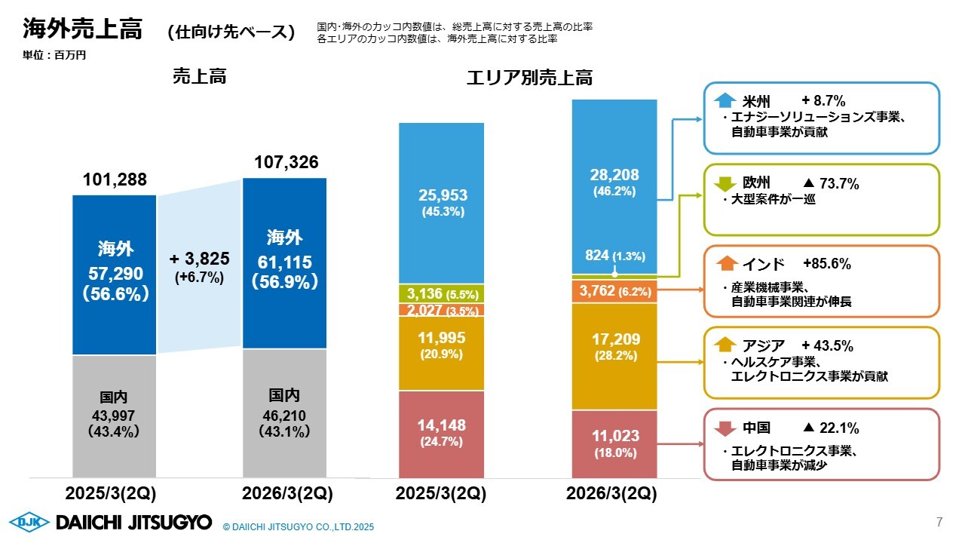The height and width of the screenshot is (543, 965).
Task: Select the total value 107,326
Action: [x=286, y=162]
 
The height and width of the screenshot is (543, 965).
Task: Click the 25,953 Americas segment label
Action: [x=443, y=195]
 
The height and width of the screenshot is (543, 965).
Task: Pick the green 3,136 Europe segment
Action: [x=442, y=293]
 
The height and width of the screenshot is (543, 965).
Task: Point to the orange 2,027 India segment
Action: [x=442, y=310]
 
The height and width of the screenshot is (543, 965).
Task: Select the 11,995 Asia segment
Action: [x=443, y=339]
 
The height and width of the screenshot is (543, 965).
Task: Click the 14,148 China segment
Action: [x=443, y=425]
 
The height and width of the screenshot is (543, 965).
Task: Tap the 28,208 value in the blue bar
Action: [x=614, y=175]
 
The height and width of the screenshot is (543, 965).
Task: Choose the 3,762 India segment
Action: [x=614, y=290]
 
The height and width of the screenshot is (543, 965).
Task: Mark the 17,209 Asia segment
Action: [x=614, y=340]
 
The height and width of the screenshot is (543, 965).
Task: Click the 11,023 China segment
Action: [x=614, y=436]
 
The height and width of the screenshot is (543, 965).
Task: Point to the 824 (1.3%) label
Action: [x=614, y=255]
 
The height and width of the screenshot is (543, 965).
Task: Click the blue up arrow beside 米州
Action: [x=725, y=100]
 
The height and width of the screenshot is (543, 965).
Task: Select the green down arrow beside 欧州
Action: [x=725, y=183]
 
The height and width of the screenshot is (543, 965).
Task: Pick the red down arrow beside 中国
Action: [x=725, y=428]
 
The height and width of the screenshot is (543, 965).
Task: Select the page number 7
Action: [x=939, y=521]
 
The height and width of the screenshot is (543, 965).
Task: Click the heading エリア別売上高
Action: [x=529, y=78]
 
